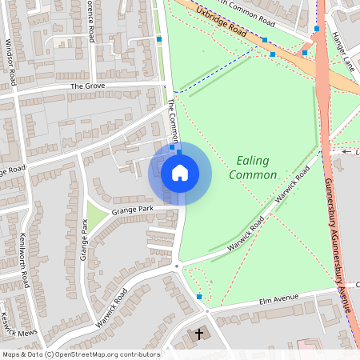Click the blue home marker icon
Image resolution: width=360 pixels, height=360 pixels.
[180, 172]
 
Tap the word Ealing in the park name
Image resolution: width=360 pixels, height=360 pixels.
[253, 161]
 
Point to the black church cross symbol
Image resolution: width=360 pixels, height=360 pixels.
[199, 333]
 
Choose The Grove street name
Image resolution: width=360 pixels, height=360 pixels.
[88, 86]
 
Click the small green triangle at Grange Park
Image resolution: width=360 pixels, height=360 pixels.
[95, 214]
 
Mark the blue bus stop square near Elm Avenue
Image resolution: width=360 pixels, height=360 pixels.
[199, 297]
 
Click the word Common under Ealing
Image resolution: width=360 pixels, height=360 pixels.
[249, 174]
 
